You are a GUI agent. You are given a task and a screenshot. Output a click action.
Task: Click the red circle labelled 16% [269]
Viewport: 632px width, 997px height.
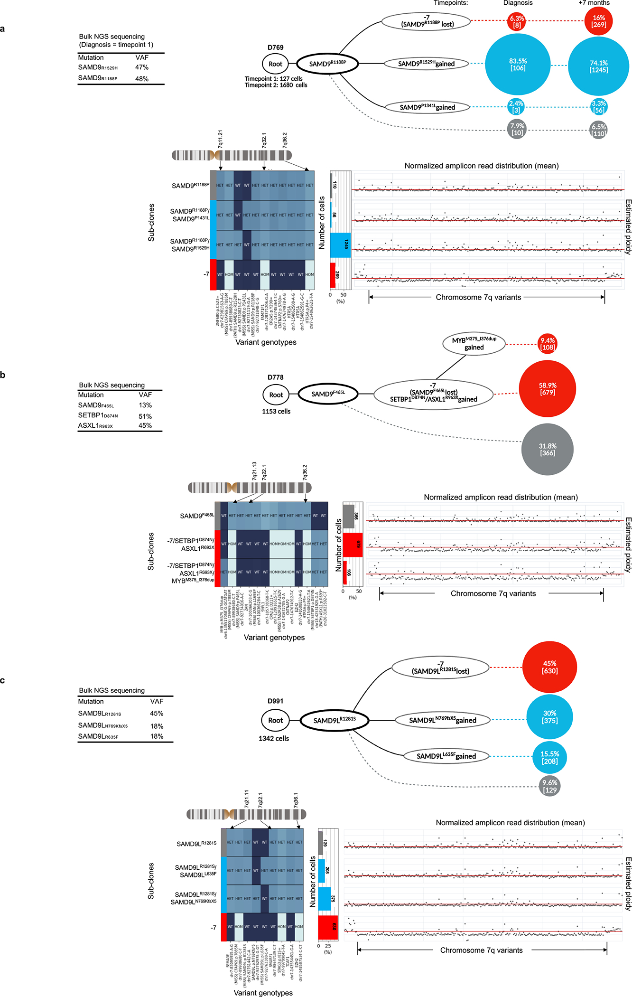598,21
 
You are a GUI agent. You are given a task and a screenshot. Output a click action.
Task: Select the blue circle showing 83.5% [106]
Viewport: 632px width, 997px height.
518,65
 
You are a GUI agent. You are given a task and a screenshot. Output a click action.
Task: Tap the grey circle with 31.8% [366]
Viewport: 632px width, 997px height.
547,449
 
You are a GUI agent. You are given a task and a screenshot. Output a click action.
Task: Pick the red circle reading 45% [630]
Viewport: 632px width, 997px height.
549,667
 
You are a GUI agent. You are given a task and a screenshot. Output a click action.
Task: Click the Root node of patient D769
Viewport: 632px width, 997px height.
275,64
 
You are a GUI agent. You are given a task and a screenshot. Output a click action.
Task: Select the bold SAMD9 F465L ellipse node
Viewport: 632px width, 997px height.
328,394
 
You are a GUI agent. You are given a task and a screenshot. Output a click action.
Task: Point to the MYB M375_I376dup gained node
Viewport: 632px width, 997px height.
474,344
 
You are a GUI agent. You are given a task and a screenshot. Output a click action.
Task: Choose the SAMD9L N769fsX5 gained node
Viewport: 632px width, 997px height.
442,720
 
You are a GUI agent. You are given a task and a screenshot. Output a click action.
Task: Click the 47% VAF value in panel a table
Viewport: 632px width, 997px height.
142,67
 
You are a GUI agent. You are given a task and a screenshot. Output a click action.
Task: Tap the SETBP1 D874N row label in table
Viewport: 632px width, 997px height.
98,415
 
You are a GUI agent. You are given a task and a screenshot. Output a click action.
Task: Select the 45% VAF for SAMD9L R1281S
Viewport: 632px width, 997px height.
157,714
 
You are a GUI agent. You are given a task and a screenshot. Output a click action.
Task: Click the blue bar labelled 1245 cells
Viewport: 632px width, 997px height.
341,245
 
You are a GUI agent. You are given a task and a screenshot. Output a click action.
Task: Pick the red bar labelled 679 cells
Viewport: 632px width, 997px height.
353,545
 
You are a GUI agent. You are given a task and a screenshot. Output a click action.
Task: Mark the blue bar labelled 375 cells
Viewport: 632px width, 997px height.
325,899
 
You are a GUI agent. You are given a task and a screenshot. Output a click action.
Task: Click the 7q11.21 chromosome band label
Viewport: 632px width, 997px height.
220,139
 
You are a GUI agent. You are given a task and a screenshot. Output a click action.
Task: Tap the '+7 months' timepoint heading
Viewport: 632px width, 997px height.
594,3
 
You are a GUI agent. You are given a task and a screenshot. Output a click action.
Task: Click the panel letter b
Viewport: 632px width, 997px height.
3,375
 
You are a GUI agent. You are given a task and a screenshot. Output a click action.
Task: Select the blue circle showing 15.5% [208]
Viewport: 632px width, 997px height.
549,757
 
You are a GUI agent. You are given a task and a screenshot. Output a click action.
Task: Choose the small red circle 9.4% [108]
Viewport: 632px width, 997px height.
547,344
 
